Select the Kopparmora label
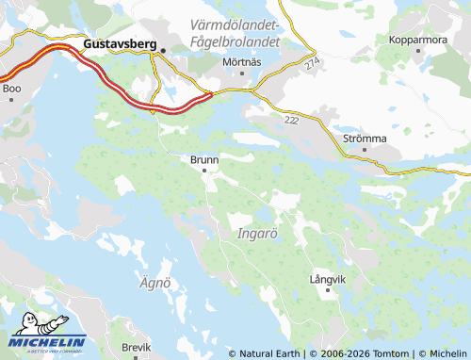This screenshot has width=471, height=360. pyautogui.click(x=418, y=41)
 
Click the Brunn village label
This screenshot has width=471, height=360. pyautogui.click(x=204, y=160)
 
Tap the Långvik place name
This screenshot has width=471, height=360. pyautogui.click(x=328, y=280)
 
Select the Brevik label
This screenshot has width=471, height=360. pyautogui.click(x=136, y=348)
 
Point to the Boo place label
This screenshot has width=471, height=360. pyautogui.click(x=11, y=89)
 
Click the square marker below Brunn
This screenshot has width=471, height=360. pyautogui.click(x=204, y=171)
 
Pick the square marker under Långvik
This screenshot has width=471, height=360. pyautogui.click(x=328, y=290)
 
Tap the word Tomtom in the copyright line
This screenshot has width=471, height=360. pyautogui.click(x=392, y=354)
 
